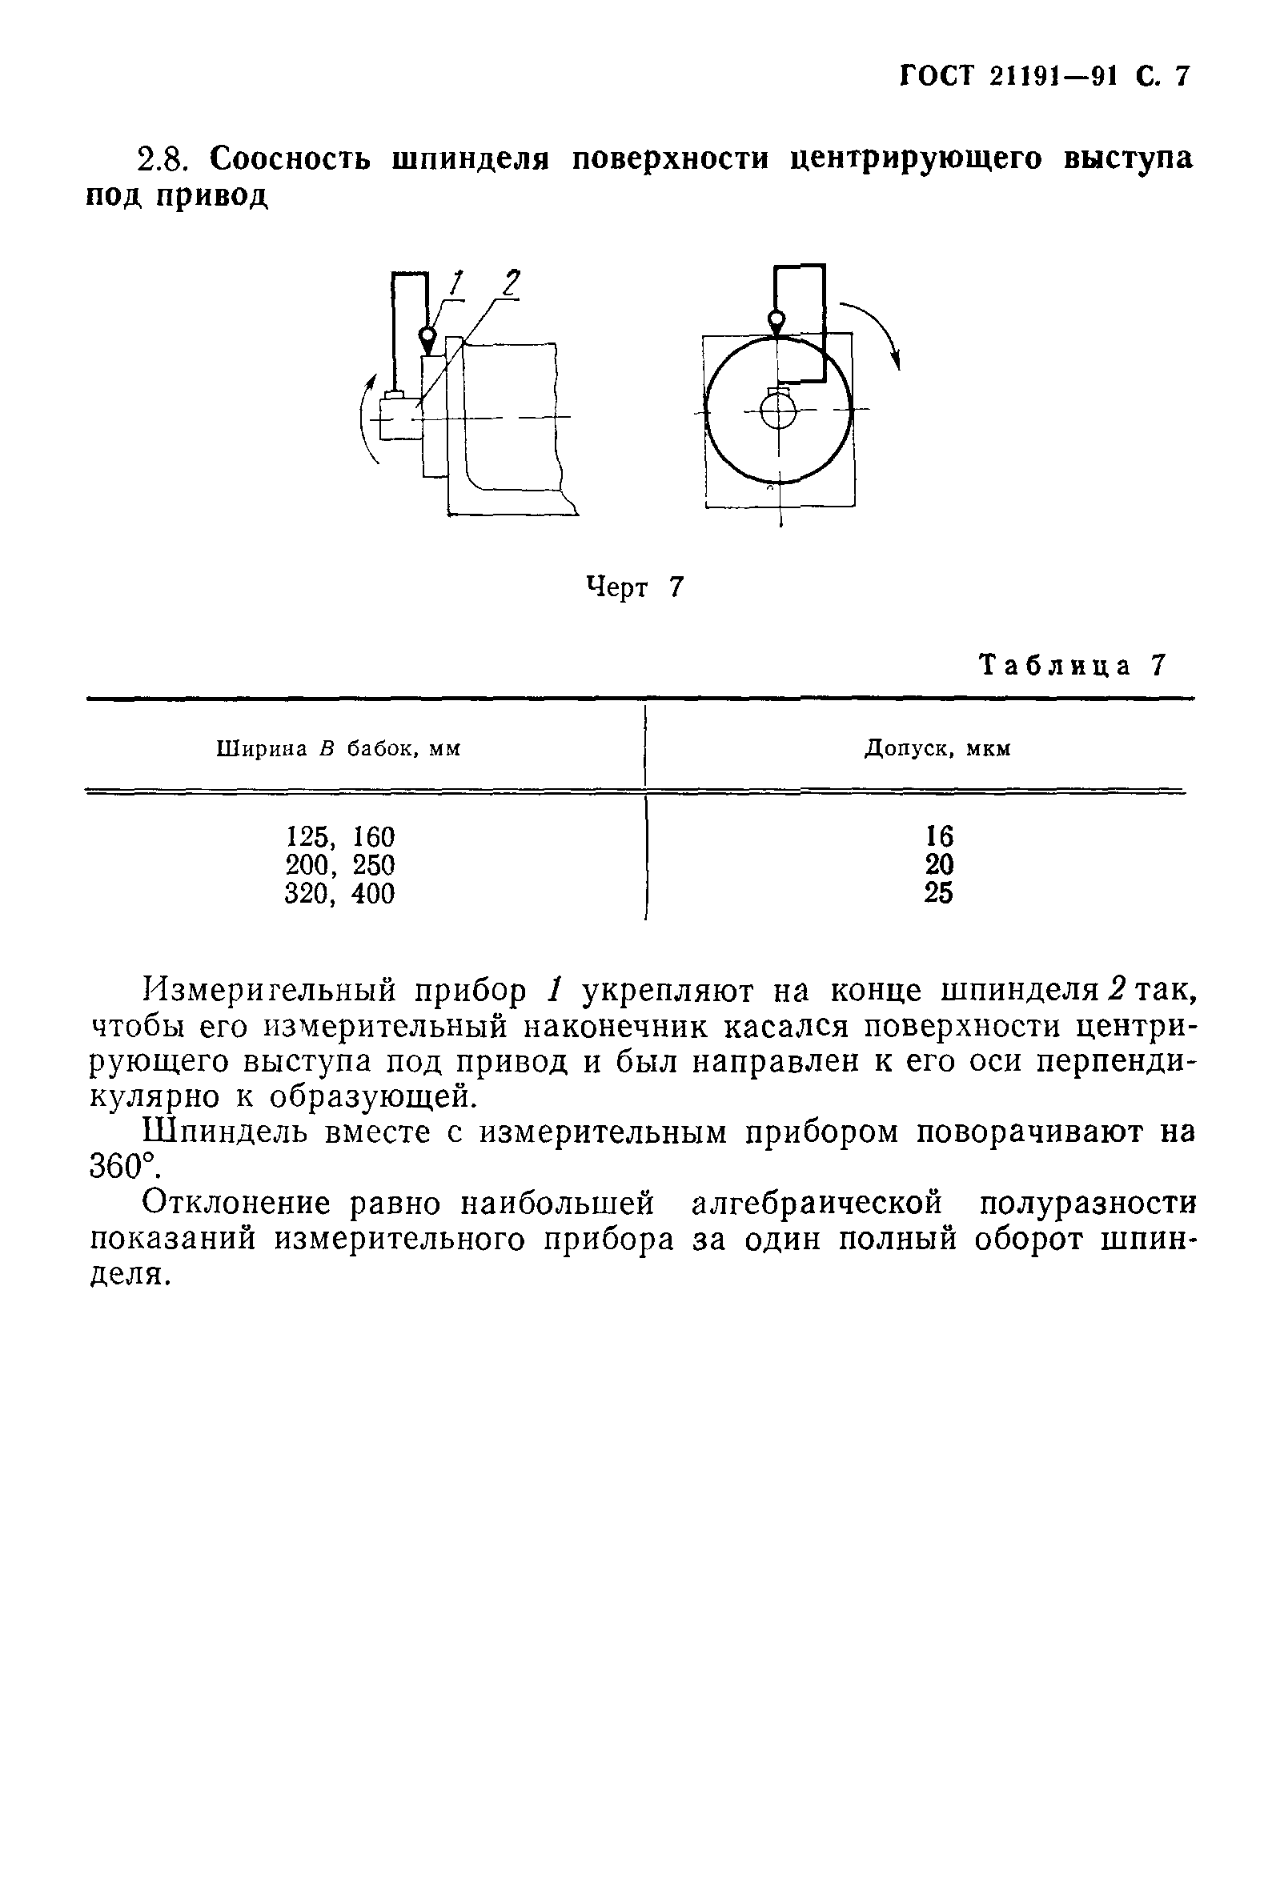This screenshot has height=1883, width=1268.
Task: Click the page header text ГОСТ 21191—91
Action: click(x=1008, y=76)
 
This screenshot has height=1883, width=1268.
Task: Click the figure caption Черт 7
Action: click(x=635, y=587)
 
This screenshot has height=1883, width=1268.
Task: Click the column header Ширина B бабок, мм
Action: click(x=338, y=750)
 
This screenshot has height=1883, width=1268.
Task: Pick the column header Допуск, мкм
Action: click(x=937, y=750)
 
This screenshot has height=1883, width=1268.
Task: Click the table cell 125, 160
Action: click(x=340, y=836)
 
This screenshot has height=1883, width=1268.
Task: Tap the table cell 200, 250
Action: click(x=340, y=865)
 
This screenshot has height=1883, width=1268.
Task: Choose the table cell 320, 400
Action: click(x=340, y=894)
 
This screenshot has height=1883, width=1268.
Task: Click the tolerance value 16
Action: click(x=939, y=836)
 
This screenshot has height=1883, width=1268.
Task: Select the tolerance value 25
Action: click(x=939, y=894)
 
